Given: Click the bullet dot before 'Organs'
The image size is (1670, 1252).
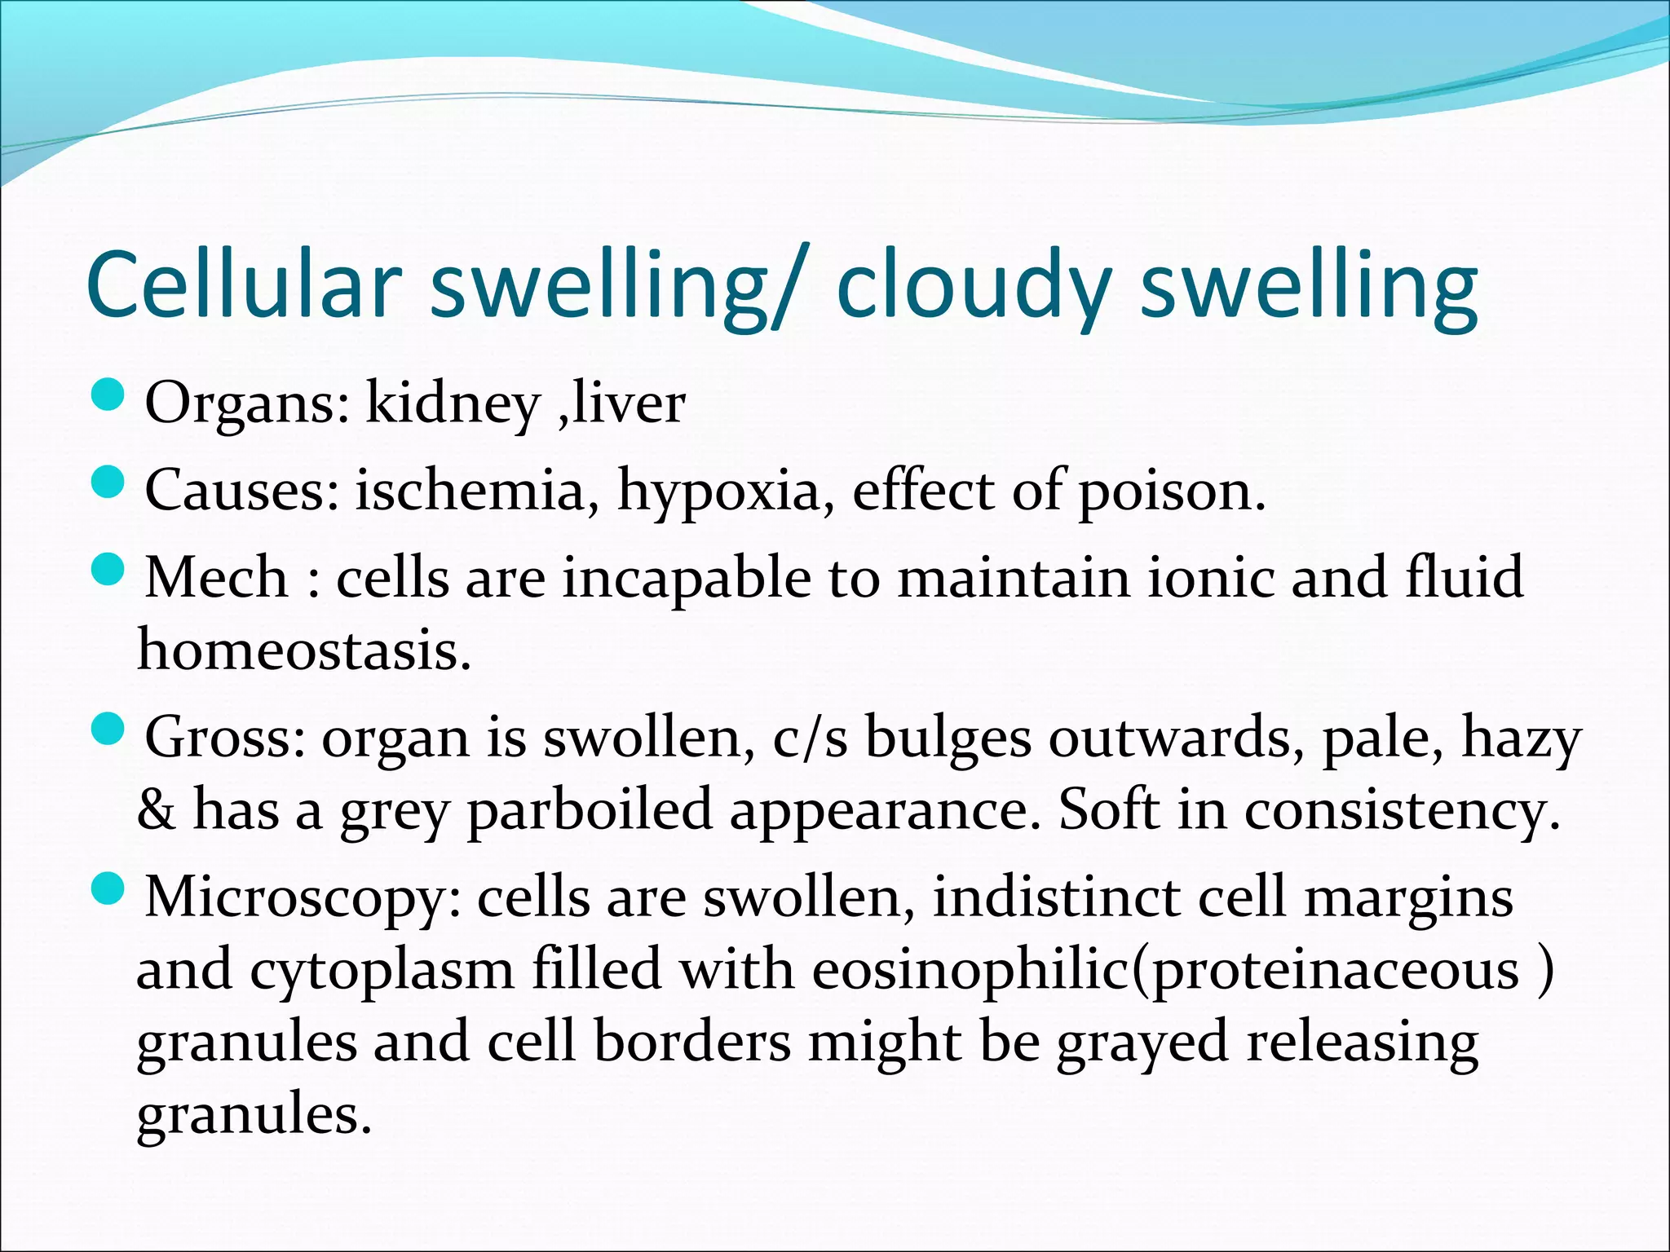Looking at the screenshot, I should [107, 397].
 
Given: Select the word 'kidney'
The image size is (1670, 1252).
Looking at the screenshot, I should [453, 403].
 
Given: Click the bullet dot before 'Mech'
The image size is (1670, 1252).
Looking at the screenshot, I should [107, 568].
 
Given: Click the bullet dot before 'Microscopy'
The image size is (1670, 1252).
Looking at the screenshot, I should [107, 888].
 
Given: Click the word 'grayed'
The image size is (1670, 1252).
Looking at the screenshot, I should [1142, 1044].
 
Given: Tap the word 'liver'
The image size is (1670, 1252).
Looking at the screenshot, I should [629, 403].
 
